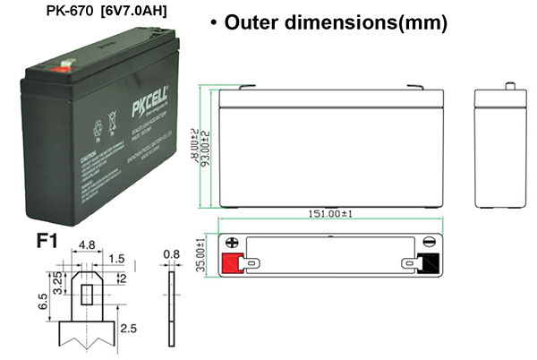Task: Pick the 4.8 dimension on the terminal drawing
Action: pyautogui.click(x=88, y=244)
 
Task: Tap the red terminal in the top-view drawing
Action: pyautogui.click(x=233, y=262)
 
